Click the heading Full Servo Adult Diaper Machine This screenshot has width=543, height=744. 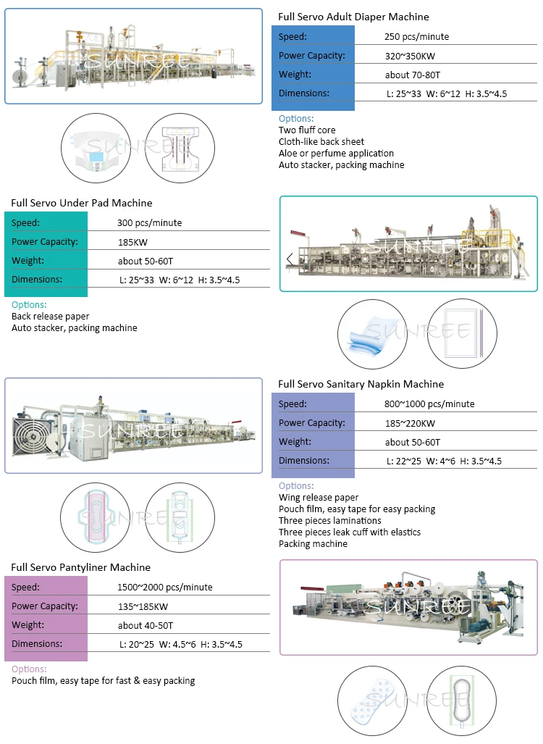tap(353, 17)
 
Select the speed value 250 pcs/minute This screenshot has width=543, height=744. tap(416, 36)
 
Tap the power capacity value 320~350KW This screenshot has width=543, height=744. tap(410, 56)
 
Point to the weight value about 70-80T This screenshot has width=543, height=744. tap(412, 75)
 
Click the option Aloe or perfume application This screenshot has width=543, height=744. tap(336, 154)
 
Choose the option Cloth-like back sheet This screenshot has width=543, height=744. tap(321, 141)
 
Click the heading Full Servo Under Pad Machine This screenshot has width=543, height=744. tap(82, 203)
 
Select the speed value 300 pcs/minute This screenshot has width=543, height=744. tap(149, 223)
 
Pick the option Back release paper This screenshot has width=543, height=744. tap(50, 317)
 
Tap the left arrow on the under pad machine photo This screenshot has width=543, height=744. tap(290, 259)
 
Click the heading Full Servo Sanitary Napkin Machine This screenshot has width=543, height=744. tap(361, 385)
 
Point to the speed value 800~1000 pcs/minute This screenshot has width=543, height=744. tap(429, 404)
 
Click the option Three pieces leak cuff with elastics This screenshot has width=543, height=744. tap(350, 532)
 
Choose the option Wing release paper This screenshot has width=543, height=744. tap(319, 498)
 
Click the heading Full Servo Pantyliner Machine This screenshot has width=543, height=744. tap(80, 567)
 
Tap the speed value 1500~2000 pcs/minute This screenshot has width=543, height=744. tap(164, 588)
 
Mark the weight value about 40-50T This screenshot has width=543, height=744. tap(145, 626)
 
